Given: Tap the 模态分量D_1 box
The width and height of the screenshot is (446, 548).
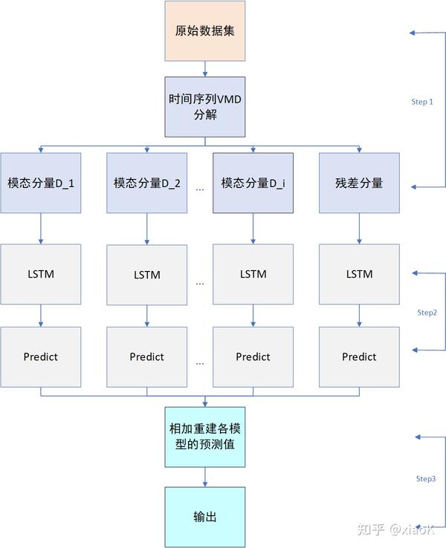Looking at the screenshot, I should point(41,183).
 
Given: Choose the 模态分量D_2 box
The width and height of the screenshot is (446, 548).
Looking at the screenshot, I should point(147,183).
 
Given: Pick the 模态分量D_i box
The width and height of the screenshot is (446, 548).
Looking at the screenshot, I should point(253,183).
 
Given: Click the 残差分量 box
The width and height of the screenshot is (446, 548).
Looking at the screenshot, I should point(359,183).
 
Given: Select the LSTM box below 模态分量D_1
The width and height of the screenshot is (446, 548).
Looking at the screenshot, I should point(41,274).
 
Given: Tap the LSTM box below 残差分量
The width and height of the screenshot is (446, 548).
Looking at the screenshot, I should point(359,274).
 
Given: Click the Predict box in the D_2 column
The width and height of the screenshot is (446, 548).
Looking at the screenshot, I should point(147,356).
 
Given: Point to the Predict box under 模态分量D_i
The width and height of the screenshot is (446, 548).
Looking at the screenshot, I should point(253,356).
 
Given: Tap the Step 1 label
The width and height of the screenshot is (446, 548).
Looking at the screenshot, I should point(421,102).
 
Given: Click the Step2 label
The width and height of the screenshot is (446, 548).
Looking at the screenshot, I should point(427,313).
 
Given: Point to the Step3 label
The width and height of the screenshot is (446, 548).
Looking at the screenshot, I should point(426,479).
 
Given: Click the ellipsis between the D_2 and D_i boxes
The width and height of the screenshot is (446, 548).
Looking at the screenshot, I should point(200,189).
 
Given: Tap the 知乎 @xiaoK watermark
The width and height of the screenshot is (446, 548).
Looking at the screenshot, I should point(395,529).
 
